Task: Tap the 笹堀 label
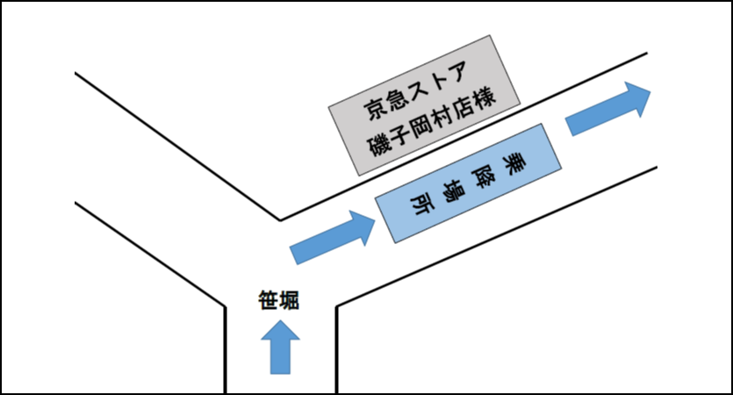coord(279,302)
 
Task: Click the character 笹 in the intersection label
coord(269,302)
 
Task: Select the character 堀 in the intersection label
coord(290,302)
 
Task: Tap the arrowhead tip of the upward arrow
coord(280,323)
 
